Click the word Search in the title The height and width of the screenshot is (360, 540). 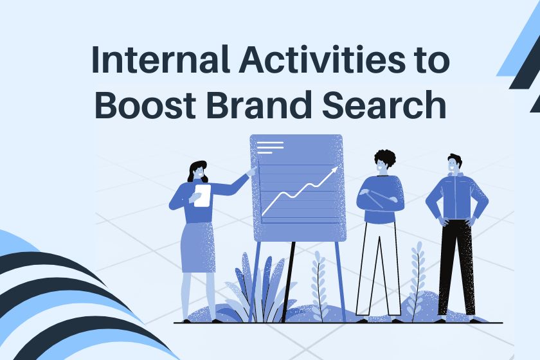(x=384, y=104)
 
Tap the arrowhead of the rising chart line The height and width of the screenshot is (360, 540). (x=334, y=170)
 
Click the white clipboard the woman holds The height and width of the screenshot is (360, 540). (x=202, y=195)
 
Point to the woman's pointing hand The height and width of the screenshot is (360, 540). (x=253, y=170)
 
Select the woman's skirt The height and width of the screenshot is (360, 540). (x=198, y=248)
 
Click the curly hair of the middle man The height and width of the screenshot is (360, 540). (x=384, y=157)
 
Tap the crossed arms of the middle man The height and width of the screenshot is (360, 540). (x=380, y=199)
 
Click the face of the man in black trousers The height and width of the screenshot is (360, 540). (x=453, y=166)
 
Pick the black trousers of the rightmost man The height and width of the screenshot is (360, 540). (x=456, y=267)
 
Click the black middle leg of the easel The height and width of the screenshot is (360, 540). (x=288, y=282)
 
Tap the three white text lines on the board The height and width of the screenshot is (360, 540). (x=271, y=147)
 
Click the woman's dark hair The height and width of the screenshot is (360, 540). (x=197, y=171)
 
